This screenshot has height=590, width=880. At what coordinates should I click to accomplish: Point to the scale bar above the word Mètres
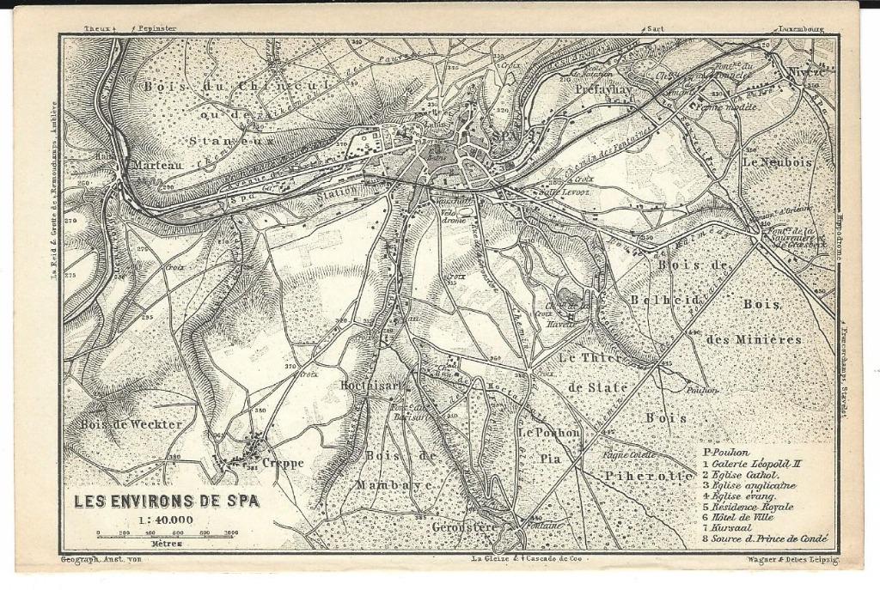point(165,534)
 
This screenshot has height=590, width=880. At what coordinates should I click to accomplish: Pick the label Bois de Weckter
point(131,424)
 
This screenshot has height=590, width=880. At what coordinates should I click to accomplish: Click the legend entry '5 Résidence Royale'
point(752,507)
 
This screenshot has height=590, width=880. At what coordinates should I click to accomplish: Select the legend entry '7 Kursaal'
point(727,528)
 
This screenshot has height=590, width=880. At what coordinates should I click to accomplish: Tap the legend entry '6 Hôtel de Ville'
point(743,517)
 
